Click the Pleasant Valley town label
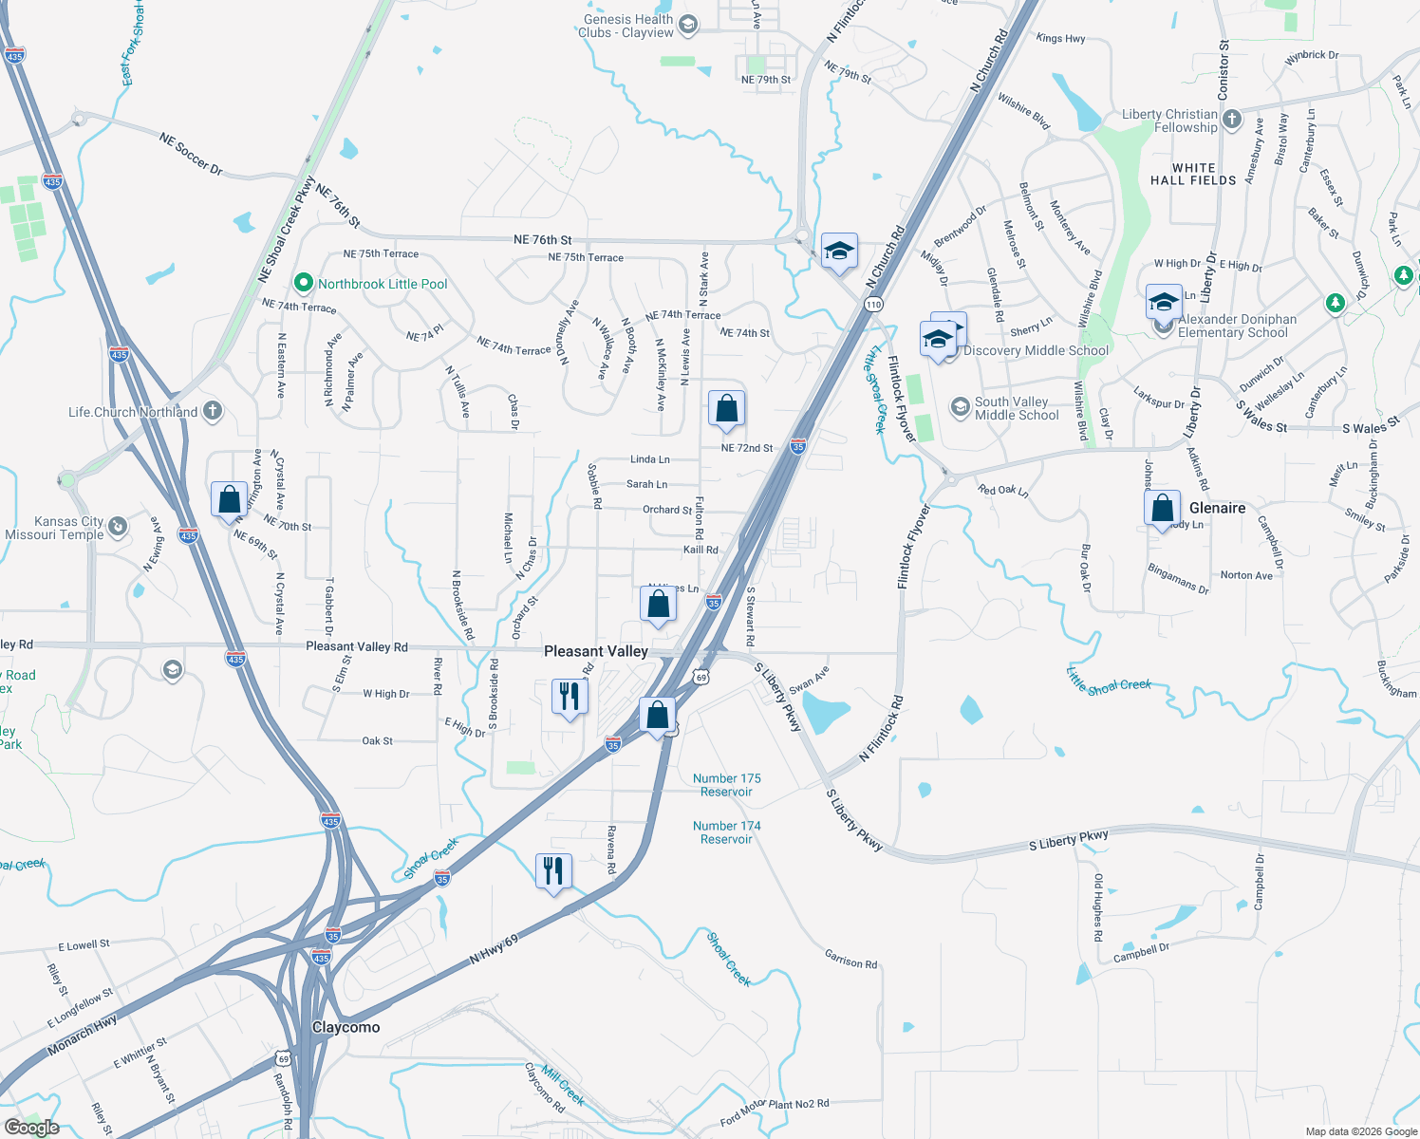click(x=595, y=651)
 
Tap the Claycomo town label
click(x=346, y=1027)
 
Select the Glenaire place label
click(x=1217, y=508)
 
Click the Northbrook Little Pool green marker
click(x=303, y=283)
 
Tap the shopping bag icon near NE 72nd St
click(x=726, y=409)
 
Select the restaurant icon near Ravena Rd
click(x=553, y=870)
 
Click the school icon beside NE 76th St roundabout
click(x=839, y=252)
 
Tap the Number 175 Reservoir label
click(x=726, y=785)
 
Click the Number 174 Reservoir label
click(x=726, y=832)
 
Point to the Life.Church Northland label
click(x=133, y=412)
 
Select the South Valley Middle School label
click(x=1017, y=408)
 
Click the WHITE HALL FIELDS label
click(x=1193, y=174)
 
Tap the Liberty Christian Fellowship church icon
click(x=1232, y=119)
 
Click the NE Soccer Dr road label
click(x=191, y=155)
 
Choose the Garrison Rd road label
click(x=850, y=960)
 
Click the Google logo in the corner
click(x=31, y=1127)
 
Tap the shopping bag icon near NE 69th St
click(x=229, y=499)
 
